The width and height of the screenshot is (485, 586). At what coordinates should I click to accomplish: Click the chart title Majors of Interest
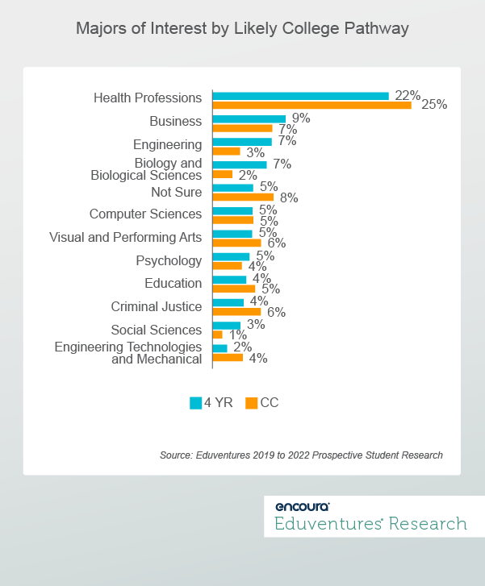[242, 29]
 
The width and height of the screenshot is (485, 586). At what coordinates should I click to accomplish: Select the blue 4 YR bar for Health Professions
[300, 96]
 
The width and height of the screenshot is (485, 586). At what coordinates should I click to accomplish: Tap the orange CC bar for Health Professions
[311, 105]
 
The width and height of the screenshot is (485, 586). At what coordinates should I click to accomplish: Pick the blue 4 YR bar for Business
[249, 118]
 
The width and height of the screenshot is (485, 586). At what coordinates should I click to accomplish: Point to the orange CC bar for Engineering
[226, 152]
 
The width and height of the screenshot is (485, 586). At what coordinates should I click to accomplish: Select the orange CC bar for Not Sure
[243, 197]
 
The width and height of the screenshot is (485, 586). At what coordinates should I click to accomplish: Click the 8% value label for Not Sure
[288, 197]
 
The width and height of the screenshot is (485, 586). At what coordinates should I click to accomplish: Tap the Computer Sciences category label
[145, 214]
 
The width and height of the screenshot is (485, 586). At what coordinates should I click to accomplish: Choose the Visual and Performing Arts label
[125, 238]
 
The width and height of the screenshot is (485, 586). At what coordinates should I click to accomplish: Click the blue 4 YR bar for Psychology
[231, 257]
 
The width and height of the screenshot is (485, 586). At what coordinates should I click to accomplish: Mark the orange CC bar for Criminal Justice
[236, 311]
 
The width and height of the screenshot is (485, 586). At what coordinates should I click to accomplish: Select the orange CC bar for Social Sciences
[217, 335]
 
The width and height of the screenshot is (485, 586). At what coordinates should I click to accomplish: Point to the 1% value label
[237, 335]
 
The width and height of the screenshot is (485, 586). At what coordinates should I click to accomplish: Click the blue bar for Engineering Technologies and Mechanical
[220, 348]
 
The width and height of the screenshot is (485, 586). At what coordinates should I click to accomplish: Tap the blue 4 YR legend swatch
[195, 403]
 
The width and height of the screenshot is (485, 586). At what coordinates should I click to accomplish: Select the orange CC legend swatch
[251, 403]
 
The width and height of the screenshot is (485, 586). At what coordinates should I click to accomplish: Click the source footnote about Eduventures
[301, 455]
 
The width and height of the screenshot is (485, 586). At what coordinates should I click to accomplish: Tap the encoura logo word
[302, 506]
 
